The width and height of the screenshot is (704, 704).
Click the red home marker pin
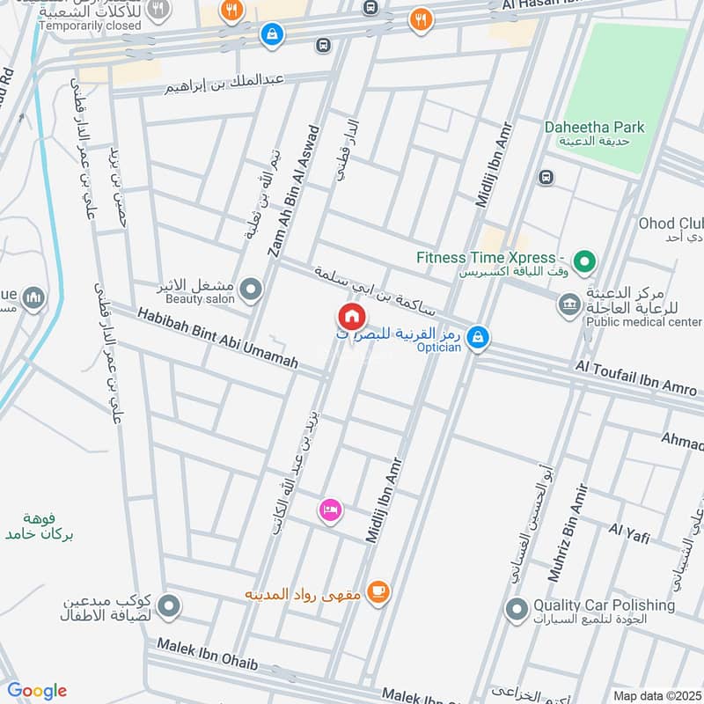click(x=350, y=316)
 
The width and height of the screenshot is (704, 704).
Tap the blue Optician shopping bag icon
click(x=477, y=336)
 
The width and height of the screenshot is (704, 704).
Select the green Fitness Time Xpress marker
click(x=583, y=261)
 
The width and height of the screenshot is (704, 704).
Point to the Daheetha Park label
click(x=594, y=128)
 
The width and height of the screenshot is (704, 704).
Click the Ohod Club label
click(x=669, y=224)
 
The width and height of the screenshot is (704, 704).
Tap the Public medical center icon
click(x=568, y=306)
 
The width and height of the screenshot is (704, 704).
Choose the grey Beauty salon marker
click(x=252, y=289)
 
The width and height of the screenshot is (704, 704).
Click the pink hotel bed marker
click(x=331, y=510)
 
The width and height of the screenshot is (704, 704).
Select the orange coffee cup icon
click(x=378, y=592)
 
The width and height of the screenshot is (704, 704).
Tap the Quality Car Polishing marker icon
click(x=517, y=608)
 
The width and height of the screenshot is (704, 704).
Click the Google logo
click(x=37, y=690)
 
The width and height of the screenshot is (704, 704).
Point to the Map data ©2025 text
click(x=655, y=695)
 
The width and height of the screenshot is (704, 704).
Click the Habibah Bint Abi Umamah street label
click(x=217, y=337)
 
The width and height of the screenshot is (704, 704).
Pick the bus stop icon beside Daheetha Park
click(x=547, y=177)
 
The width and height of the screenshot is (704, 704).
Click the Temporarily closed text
click(x=90, y=26)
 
